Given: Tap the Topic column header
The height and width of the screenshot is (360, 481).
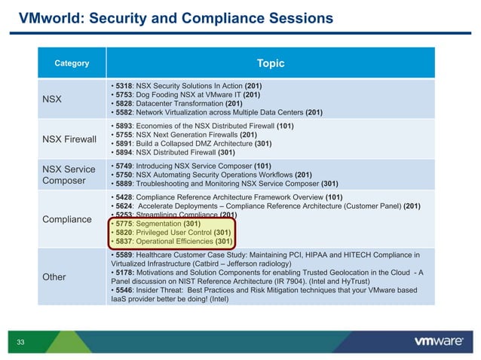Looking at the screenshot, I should (271, 63).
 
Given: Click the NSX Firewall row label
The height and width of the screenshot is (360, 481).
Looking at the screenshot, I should (70, 139).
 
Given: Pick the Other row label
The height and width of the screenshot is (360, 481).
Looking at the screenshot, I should (54, 276).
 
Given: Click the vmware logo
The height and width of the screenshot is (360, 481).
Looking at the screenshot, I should (439, 341).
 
